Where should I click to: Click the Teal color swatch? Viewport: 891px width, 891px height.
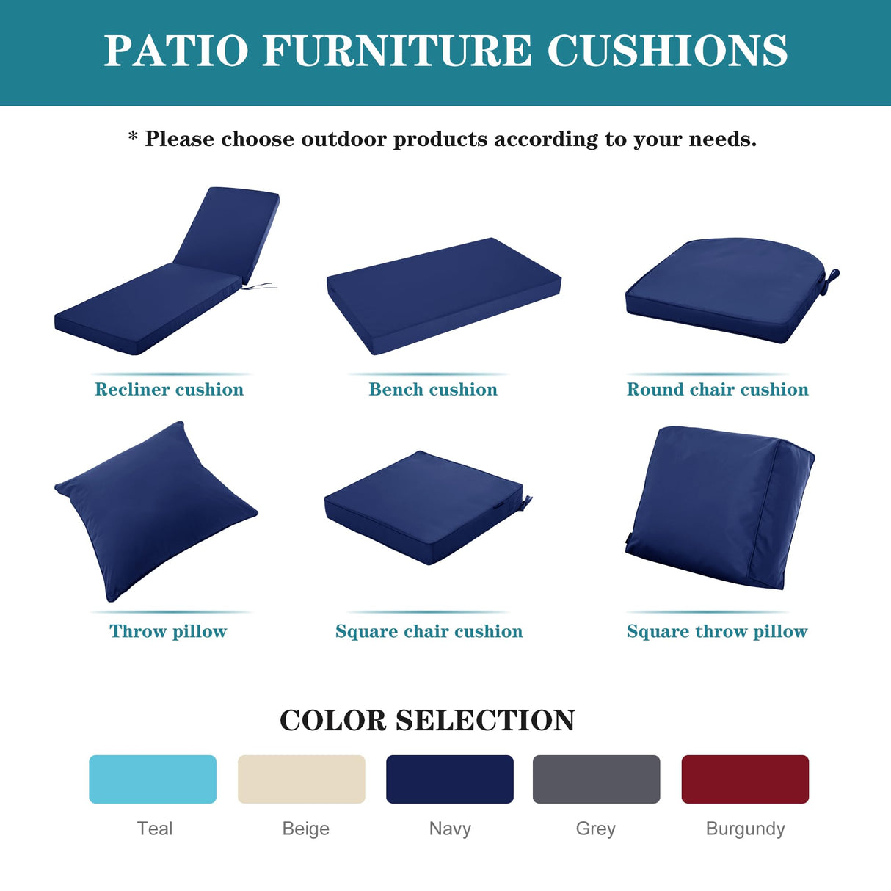(153, 779)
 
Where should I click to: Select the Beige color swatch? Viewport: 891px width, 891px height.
(301, 779)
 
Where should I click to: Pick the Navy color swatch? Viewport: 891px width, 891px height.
(449, 779)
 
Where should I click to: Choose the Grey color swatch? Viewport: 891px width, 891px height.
(596, 779)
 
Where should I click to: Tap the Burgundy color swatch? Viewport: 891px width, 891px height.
(745, 779)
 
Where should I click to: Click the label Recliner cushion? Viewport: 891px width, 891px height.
(169, 390)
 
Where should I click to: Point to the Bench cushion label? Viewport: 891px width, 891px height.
(433, 390)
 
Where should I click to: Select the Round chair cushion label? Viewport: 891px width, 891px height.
(717, 390)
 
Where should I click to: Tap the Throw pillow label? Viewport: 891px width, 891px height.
(168, 631)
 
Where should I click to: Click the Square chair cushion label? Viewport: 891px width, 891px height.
(429, 631)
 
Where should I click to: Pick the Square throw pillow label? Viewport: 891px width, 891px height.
(716, 631)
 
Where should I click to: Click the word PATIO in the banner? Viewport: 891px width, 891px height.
(176, 51)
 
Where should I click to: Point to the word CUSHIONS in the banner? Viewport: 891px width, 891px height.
(667, 51)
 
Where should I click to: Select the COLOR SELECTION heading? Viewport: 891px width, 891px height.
(427, 720)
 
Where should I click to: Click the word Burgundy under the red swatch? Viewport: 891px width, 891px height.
(745, 829)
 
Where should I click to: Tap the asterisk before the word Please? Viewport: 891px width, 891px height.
(133, 137)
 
